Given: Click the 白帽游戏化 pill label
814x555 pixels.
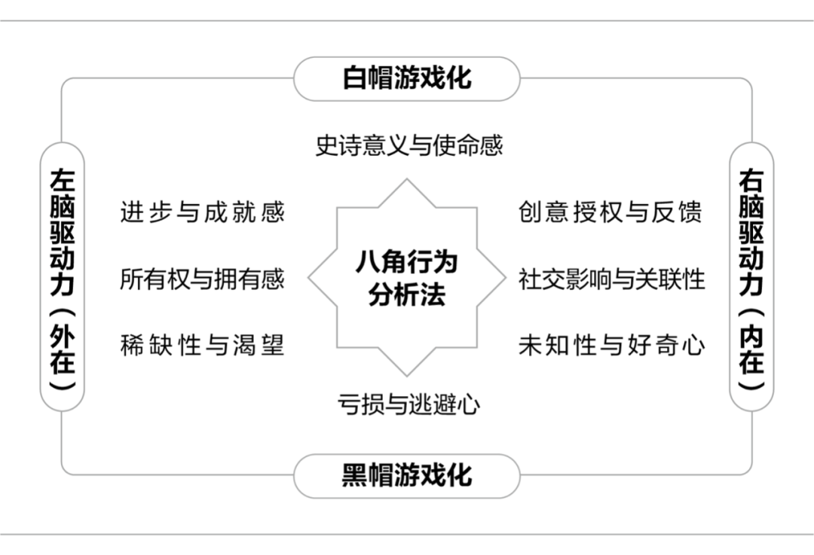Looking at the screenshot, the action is (x=407, y=78).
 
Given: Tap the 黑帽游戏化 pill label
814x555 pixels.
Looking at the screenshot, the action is (x=407, y=475).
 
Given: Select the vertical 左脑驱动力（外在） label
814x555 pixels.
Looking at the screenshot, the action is (x=62, y=276).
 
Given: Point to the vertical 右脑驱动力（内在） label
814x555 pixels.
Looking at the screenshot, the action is (x=751, y=276).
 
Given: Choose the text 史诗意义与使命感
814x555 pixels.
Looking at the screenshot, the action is (x=409, y=145).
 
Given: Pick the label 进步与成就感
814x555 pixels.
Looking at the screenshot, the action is (x=202, y=212).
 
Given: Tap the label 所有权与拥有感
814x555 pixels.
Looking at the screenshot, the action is (x=202, y=279).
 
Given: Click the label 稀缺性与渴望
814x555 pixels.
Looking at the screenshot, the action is (x=202, y=346).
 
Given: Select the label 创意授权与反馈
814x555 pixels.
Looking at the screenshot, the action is (x=610, y=212).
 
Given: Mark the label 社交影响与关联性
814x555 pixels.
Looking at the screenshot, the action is (x=611, y=279).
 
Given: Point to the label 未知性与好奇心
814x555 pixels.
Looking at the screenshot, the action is (x=611, y=346).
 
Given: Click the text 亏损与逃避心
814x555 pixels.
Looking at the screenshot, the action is (x=408, y=404).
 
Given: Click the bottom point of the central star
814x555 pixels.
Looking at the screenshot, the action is (x=407, y=374).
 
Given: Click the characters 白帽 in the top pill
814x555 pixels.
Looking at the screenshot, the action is (x=367, y=78).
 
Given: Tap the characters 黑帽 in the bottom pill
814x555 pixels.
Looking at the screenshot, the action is (x=367, y=475).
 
